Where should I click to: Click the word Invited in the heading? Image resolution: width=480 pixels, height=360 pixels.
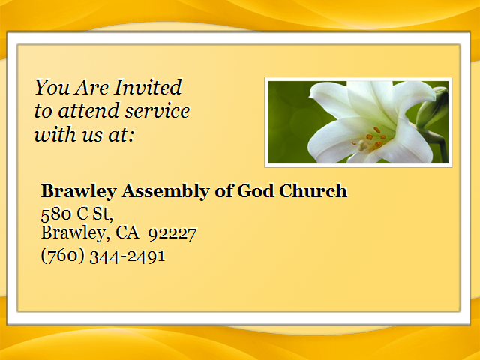(x=148, y=87)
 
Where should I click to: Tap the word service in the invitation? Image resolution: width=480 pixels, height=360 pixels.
(x=157, y=111)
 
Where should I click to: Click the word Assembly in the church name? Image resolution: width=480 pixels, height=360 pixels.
(x=165, y=192)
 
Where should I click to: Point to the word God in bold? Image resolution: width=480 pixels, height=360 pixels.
(x=255, y=191)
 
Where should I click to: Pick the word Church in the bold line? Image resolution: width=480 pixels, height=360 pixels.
(x=313, y=190)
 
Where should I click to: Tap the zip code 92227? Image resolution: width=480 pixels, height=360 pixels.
(x=172, y=234)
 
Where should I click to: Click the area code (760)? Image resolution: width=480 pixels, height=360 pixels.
(x=63, y=256)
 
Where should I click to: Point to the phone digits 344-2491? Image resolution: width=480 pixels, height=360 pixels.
(x=127, y=256)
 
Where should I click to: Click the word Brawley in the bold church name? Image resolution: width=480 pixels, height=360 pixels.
(x=79, y=192)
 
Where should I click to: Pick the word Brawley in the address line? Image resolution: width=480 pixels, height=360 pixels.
(x=73, y=233)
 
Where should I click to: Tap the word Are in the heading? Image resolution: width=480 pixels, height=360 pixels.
(x=91, y=88)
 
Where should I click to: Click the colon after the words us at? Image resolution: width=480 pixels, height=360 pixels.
(x=131, y=135)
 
